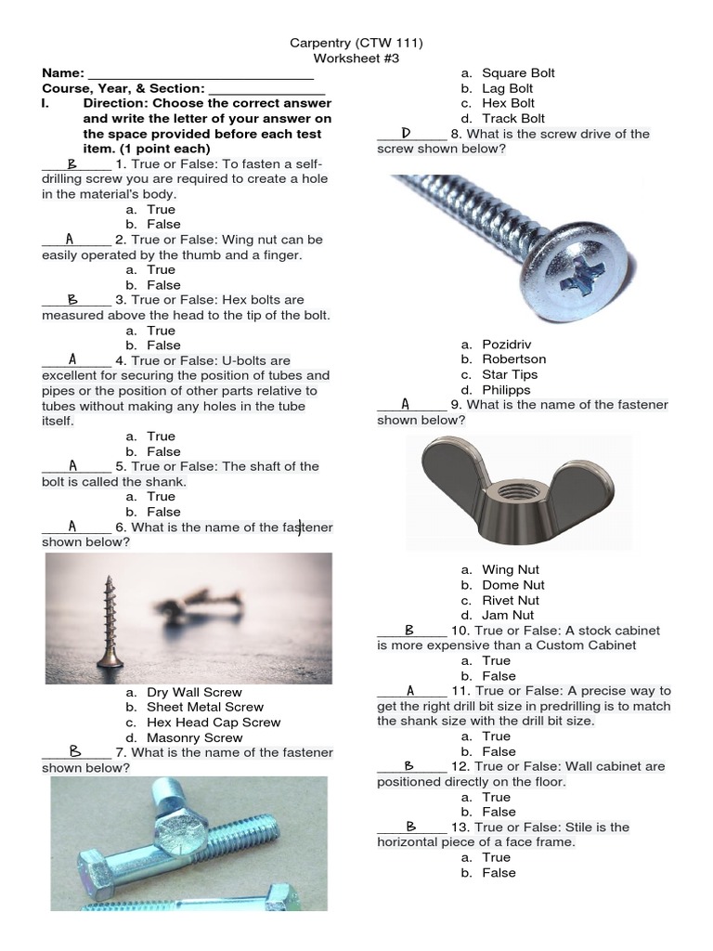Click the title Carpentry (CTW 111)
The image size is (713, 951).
coord(356,43)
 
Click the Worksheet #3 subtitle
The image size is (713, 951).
coord(356,58)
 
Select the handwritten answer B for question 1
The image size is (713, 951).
coord(71,163)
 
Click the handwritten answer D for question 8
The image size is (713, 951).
coord(407,134)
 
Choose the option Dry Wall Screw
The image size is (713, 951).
coord(194,692)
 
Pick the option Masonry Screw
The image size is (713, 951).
coord(195,737)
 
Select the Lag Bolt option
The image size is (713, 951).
coord(507,88)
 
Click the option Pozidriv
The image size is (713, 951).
coord(512,344)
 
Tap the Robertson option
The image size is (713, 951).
coord(513,358)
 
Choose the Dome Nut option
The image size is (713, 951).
coord(513,585)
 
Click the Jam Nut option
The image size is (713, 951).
coord(508,615)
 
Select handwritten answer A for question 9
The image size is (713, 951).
coord(406,404)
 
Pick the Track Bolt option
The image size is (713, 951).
coord(513,119)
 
